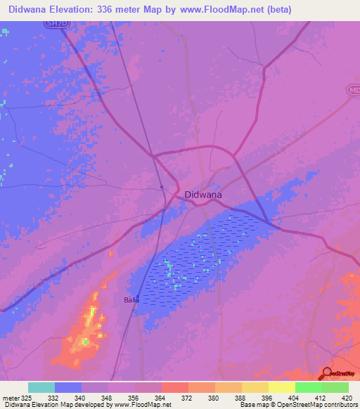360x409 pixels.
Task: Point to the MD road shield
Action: (x=354, y=91)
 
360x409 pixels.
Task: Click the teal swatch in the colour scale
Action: (x=41, y=387)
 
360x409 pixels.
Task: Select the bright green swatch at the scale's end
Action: (x=335, y=387)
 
